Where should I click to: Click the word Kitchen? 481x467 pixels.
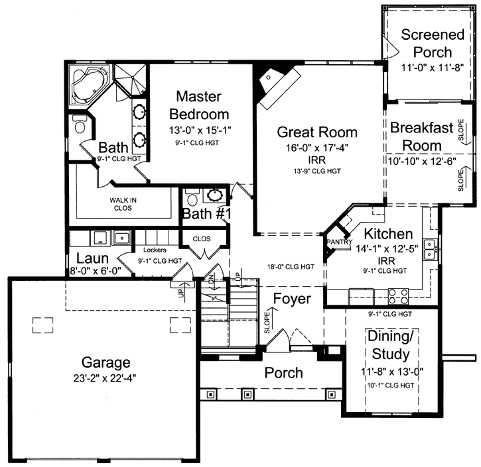pos(388,234)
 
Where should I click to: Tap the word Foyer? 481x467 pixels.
pos(292,299)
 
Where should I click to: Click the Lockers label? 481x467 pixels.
pos(155,250)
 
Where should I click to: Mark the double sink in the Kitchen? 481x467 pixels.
pos(430,248)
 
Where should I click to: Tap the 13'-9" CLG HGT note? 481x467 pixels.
pos(316,171)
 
